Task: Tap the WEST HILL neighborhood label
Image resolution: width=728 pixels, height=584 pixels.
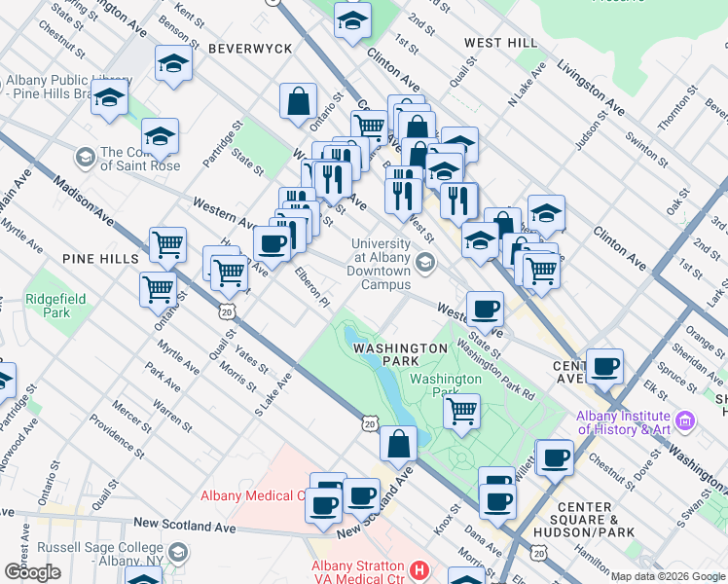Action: click(500, 43)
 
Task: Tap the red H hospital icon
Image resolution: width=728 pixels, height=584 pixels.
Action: click(419, 568)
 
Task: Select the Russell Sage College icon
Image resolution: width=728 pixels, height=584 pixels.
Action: click(177, 554)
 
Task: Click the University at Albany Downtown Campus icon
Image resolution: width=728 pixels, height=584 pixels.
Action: click(424, 262)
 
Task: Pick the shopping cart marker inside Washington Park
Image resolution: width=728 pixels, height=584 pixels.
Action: click(462, 409)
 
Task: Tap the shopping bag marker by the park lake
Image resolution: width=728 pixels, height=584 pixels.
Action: click(398, 444)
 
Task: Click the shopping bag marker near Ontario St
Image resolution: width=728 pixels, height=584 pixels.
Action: click(298, 100)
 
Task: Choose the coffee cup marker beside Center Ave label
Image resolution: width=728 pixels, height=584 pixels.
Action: click(604, 366)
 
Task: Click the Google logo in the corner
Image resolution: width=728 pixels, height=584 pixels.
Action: click(32, 571)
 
